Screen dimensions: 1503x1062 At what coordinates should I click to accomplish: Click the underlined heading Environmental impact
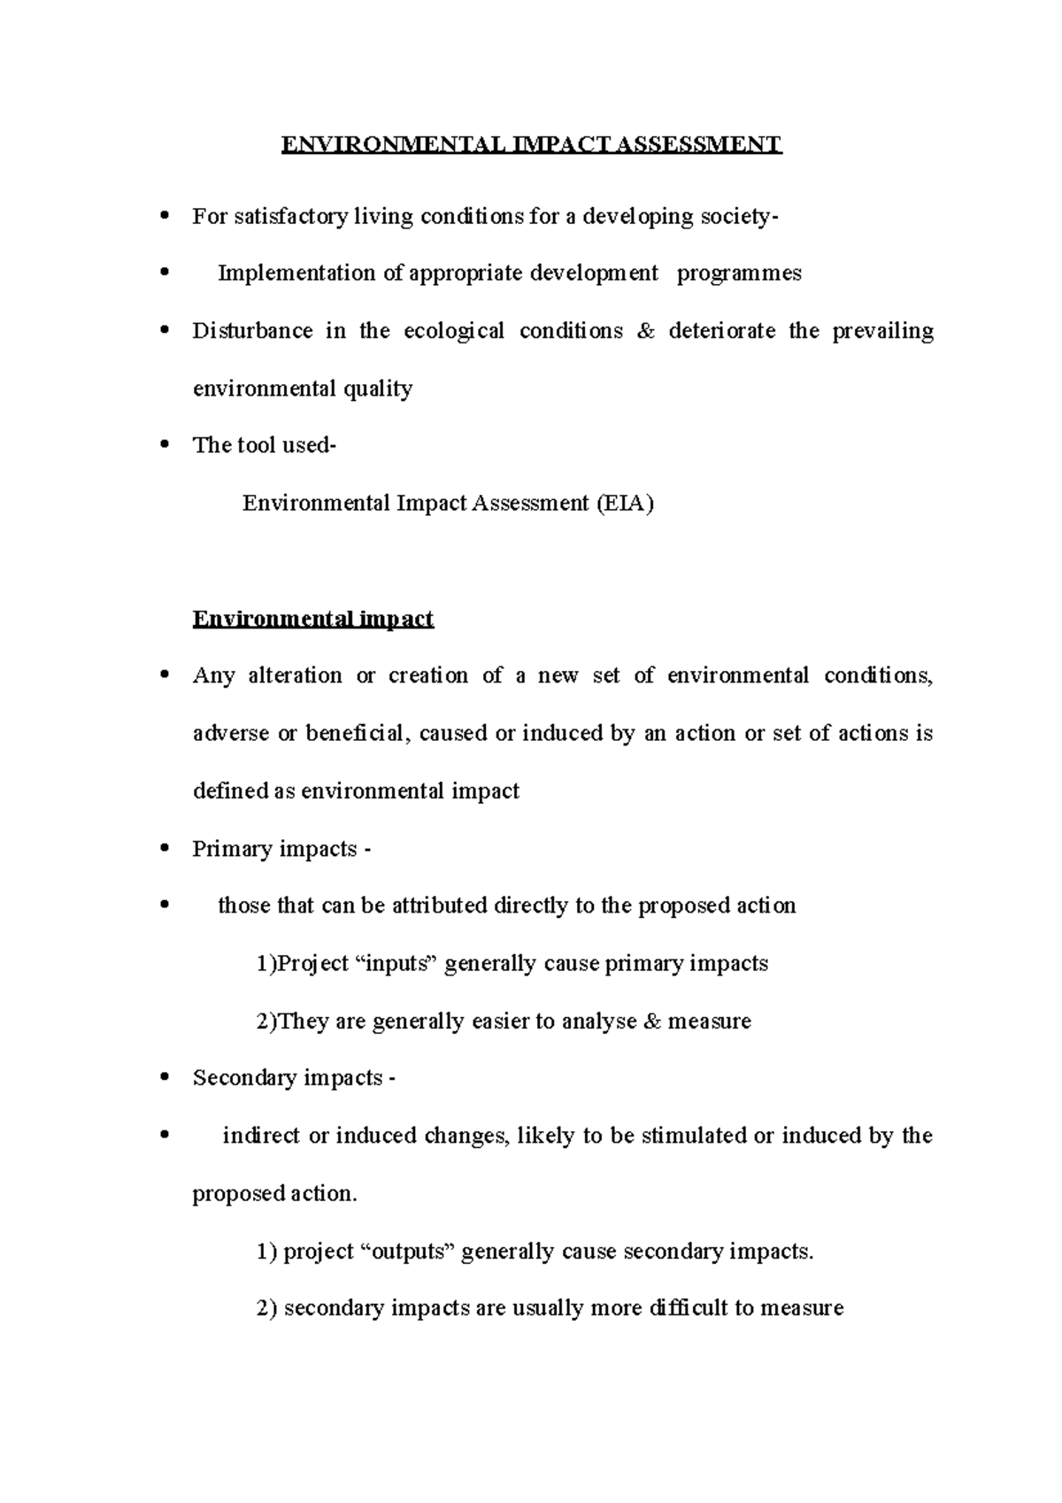312,619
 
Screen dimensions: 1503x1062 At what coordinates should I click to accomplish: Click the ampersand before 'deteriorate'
645,331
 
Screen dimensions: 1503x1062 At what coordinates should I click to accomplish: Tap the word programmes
739,274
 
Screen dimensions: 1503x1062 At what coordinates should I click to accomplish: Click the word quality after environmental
378,389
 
